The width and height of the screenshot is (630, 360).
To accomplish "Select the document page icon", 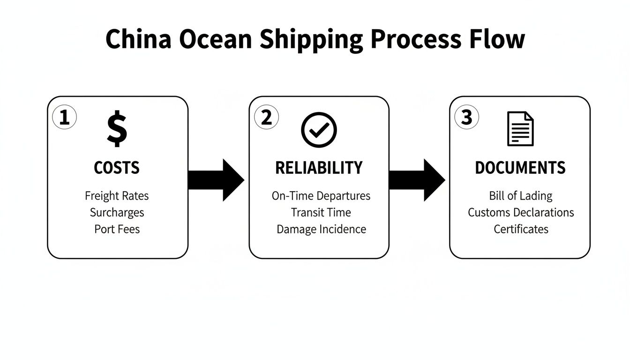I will [520, 129].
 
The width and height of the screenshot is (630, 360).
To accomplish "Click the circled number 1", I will [64, 118].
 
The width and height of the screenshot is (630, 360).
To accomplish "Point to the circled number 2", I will [266, 118].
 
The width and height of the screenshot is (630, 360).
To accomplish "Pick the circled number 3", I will [466, 118].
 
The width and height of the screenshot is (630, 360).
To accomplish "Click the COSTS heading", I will [117, 168].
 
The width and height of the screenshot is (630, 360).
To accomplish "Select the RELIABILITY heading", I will [319, 168].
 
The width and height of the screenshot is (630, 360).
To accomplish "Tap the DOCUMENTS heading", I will [520, 168].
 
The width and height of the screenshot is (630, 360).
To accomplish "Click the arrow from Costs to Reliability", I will [217, 180].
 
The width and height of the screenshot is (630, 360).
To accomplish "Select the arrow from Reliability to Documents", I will [417, 180].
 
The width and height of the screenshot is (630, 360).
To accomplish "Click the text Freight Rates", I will [117, 195].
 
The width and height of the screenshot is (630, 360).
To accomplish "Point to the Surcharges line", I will [117, 212].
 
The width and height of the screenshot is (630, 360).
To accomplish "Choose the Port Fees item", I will [117, 229].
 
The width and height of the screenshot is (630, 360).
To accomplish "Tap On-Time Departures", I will [321, 195].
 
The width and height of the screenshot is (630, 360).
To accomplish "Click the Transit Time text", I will [321, 212].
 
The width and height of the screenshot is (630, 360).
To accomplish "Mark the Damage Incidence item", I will [321, 229].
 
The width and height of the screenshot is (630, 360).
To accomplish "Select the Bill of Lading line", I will [520, 195].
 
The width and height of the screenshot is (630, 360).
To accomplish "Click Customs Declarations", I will [520, 212].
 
